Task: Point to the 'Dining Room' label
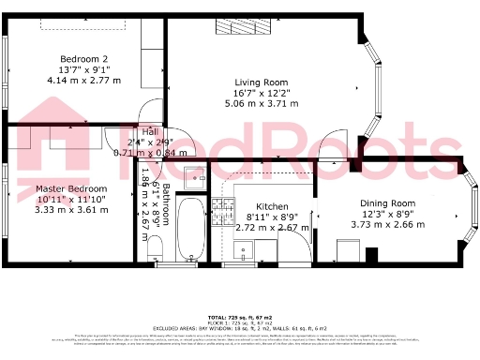tap(387, 203)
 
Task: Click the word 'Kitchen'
tap(272, 207)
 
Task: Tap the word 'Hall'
tap(149, 131)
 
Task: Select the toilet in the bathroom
tap(158, 250)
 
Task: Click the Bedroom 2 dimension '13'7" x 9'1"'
tap(78, 68)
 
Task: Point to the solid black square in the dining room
tap(371, 254)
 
